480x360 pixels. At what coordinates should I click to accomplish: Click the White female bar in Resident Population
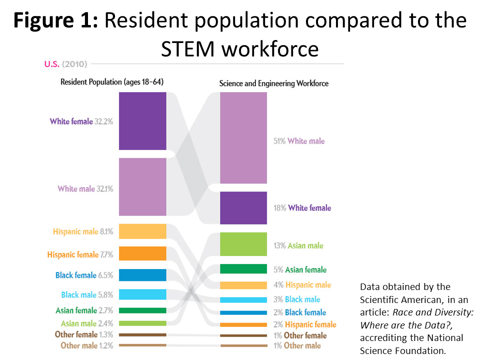pos(142,121)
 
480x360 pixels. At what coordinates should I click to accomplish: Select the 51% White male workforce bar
pos(243,138)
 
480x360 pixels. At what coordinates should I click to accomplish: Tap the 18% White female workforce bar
pos(243,208)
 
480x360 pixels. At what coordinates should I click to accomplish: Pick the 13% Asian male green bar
pos(243,244)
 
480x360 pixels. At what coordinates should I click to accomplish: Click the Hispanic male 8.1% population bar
pos(142,231)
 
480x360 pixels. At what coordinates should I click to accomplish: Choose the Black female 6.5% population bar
pos(142,275)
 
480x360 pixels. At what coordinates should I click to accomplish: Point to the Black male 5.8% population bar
pos(142,294)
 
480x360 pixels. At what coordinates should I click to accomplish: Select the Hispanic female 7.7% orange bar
pos(142,253)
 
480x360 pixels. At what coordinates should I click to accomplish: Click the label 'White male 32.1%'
pos(85,188)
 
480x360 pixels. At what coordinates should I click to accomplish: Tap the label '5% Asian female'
pos(300,269)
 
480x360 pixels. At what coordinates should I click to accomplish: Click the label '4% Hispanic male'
pos(302,285)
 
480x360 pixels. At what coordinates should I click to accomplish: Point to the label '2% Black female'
pos(300,312)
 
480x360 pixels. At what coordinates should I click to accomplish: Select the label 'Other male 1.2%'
pos(86,345)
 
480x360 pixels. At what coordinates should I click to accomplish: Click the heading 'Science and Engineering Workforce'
pos(273,83)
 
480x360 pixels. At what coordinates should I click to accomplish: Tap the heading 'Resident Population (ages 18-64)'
pos(112,81)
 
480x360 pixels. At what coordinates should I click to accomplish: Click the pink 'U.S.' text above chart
pos(51,64)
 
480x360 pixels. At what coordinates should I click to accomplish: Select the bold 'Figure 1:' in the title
pos(55,20)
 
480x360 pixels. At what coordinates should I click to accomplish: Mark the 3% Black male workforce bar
pos(243,300)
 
